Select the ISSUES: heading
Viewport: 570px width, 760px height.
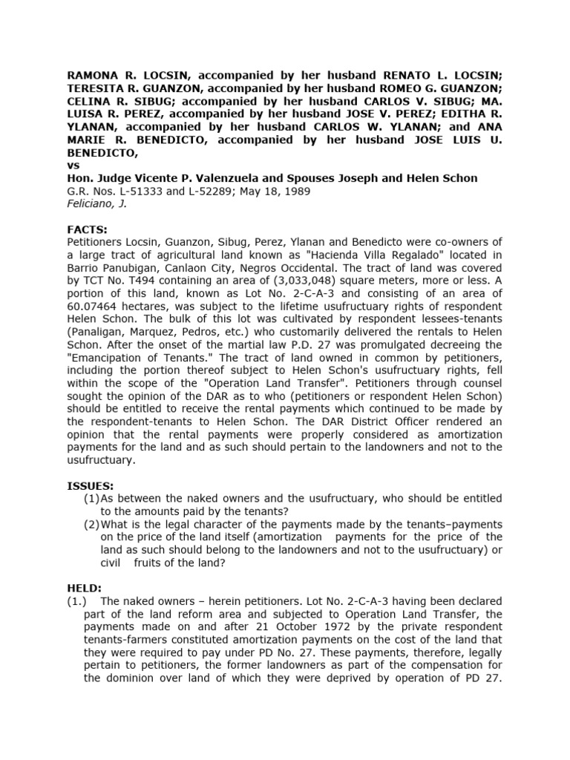click(x=91, y=485)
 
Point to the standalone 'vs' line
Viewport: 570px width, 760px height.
click(x=74, y=166)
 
